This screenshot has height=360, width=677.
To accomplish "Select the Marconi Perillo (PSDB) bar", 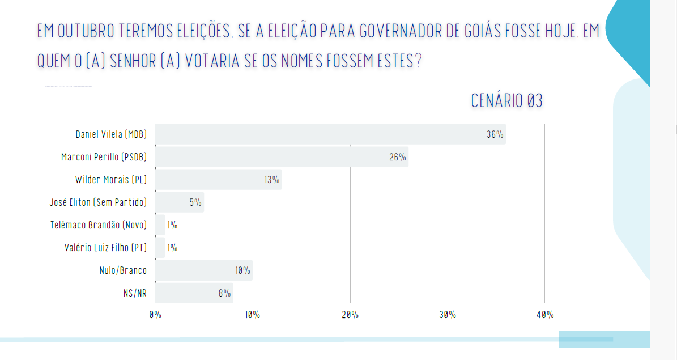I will point(282,157).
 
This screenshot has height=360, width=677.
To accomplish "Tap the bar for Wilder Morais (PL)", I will point(218,180).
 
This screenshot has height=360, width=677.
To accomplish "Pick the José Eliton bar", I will point(179,202).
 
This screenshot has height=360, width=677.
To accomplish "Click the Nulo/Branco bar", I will point(203,270).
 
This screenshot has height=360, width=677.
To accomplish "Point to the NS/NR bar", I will point(194,293).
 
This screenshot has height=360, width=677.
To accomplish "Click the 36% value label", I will point(495,135).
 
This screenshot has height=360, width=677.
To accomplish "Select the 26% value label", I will point(397,158).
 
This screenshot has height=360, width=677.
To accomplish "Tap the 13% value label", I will point(271,180).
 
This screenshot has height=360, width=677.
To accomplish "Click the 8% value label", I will point(224,294).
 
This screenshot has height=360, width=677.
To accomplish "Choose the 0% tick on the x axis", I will point(155,315).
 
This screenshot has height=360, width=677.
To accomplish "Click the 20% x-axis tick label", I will point(350,315).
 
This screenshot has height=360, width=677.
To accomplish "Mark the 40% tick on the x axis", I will point(544,315).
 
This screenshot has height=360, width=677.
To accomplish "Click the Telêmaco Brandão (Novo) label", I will point(99,225).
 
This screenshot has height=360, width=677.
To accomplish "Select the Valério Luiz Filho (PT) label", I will point(105,248).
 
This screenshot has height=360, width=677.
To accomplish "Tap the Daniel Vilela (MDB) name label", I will point(111,134).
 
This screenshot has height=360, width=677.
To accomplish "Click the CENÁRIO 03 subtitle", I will point(506,101).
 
